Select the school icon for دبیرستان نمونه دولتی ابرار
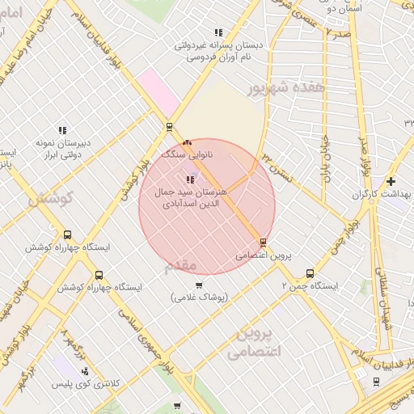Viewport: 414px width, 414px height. point(62,130)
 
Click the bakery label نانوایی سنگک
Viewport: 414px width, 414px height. point(187,153)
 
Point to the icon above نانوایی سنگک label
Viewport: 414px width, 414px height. point(188,142)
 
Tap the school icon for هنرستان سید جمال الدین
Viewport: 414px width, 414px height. point(190,180)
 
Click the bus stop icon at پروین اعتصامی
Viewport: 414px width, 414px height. point(263,243)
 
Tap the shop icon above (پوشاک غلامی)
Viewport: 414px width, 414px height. point(200,285)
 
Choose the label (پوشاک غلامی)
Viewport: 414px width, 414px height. point(200,298)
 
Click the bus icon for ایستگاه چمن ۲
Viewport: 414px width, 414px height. point(310,273)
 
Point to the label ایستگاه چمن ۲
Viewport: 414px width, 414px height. point(310,286)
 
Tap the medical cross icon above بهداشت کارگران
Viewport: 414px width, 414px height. point(391,181)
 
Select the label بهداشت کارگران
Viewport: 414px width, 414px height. point(382,195)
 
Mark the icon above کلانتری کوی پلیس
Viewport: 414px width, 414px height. point(85,370)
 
